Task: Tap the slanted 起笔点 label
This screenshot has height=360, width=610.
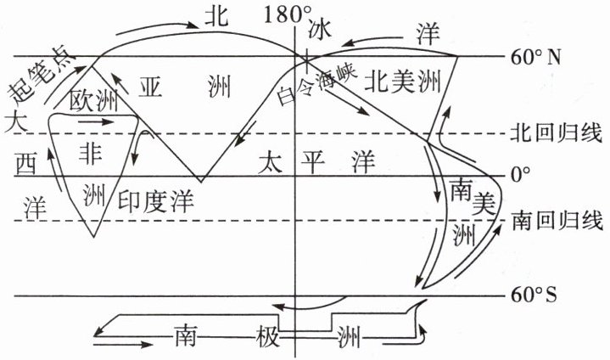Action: pyautogui.click(x=39, y=74)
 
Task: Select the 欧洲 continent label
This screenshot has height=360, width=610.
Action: pyautogui.click(x=93, y=102)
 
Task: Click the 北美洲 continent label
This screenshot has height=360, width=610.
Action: pyautogui.click(x=403, y=82)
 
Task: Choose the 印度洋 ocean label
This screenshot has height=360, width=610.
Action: pyautogui.click(x=155, y=201)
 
